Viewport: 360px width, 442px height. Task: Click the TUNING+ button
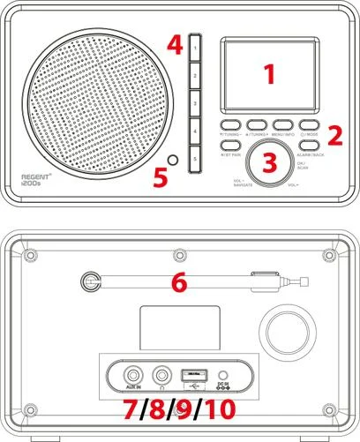[258, 124]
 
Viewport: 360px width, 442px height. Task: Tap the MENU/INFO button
[284, 124]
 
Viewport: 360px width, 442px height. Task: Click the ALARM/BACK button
[308, 144]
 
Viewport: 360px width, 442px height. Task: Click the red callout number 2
[334, 135]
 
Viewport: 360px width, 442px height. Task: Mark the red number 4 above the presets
[176, 41]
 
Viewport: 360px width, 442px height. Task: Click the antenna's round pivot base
[89, 283]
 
